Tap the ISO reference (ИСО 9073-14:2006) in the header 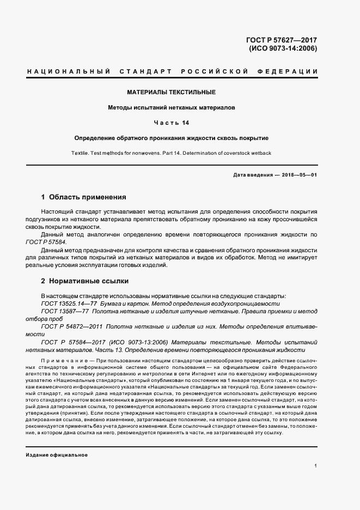coord(283,48)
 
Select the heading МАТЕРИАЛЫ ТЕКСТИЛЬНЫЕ coord(172,92)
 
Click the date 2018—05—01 coord(297,174)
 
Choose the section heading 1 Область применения coord(84,197)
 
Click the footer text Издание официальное coord(57,454)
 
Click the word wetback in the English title coord(259,153)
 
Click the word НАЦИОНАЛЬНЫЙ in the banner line coord(69,72)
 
